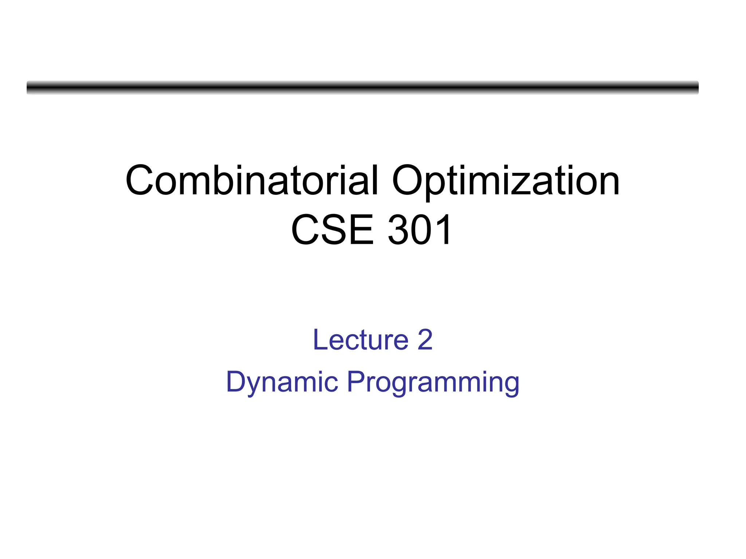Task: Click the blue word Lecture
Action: point(361,340)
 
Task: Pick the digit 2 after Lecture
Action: point(425,340)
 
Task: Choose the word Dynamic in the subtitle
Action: point(282,382)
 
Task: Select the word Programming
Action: point(433,382)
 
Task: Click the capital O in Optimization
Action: point(408,181)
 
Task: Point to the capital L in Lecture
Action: point(319,340)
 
